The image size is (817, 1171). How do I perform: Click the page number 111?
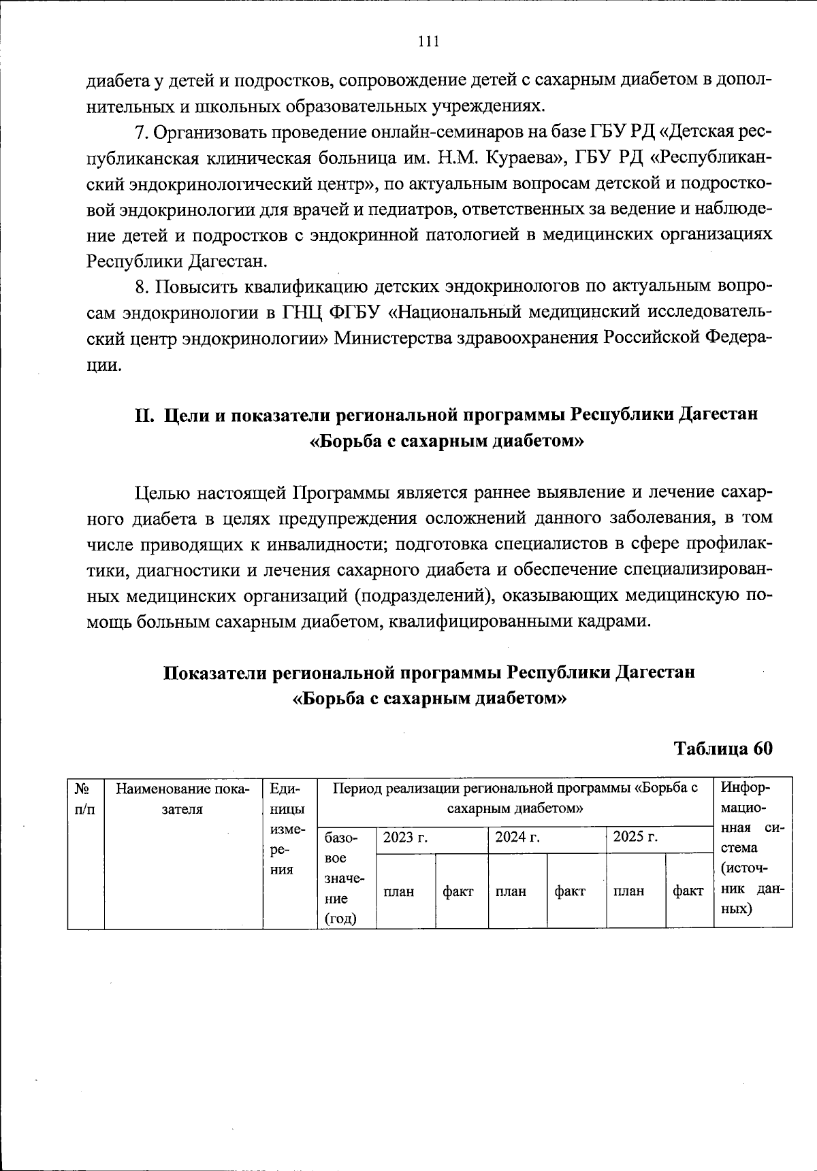(x=429, y=42)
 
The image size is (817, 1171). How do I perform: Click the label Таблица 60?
(x=723, y=748)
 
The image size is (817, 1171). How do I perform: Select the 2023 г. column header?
(x=405, y=837)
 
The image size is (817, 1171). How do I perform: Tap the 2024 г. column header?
(x=517, y=837)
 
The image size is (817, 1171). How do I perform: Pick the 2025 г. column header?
(x=635, y=837)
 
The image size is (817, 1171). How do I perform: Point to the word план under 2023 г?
(x=399, y=891)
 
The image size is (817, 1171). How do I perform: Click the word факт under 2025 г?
(x=688, y=891)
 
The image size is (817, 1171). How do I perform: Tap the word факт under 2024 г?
(x=570, y=891)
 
